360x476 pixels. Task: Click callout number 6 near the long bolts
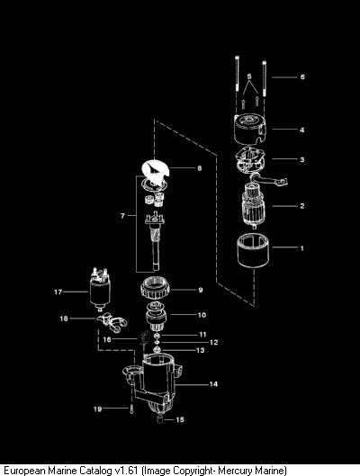point(302,76)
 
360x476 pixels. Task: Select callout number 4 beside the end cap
point(302,130)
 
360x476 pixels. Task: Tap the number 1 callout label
point(302,248)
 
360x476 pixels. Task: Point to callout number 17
point(58,292)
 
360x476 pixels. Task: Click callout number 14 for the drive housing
point(213,384)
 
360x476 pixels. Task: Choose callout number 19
point(97,409)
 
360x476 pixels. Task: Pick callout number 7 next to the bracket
point(122,216)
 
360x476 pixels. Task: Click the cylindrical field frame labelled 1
point(253,250)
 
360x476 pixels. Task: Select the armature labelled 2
point(254,206)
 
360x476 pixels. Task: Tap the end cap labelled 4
point(250,129)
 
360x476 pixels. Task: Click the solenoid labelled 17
point(100,289)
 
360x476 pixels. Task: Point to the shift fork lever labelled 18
point(112,323)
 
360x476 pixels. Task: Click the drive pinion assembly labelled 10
point(156,318)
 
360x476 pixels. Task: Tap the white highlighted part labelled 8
point(155,172)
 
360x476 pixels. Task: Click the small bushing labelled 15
point(160,420)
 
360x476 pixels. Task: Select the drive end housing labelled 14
point(153,382)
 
